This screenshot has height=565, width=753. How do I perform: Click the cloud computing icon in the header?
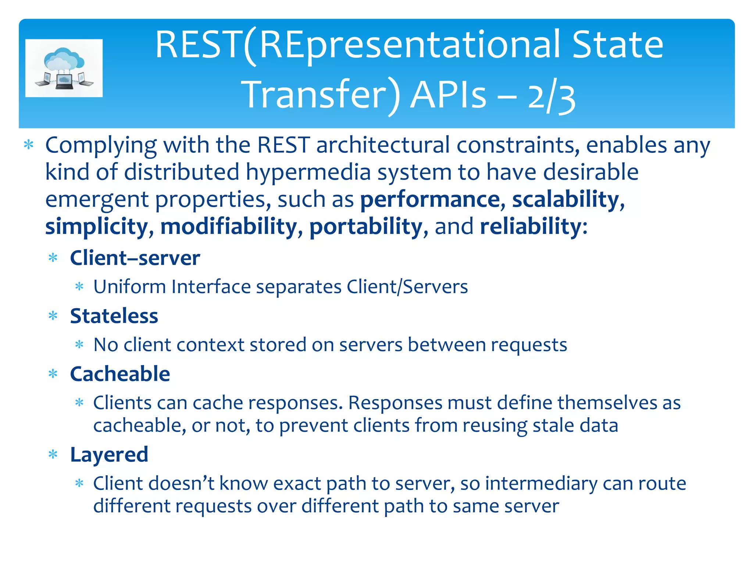64,68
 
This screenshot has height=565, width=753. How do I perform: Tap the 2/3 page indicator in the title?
552,96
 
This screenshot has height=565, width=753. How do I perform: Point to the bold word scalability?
566,199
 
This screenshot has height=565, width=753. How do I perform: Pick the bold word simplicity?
96,226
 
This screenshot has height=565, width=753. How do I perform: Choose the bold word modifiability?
229,226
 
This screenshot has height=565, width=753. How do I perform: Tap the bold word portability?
366,226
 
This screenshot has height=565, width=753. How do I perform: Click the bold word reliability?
530,226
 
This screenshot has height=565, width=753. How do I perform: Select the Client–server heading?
135,258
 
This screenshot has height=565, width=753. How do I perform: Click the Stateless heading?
114,316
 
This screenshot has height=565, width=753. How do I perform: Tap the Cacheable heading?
120,374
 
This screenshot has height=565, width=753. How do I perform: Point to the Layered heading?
109,455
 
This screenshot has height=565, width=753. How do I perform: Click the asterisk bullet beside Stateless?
53,316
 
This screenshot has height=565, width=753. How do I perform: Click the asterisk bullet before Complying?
29,145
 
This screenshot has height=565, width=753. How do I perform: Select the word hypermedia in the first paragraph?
308,172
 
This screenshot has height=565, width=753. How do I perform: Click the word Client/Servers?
407,287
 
